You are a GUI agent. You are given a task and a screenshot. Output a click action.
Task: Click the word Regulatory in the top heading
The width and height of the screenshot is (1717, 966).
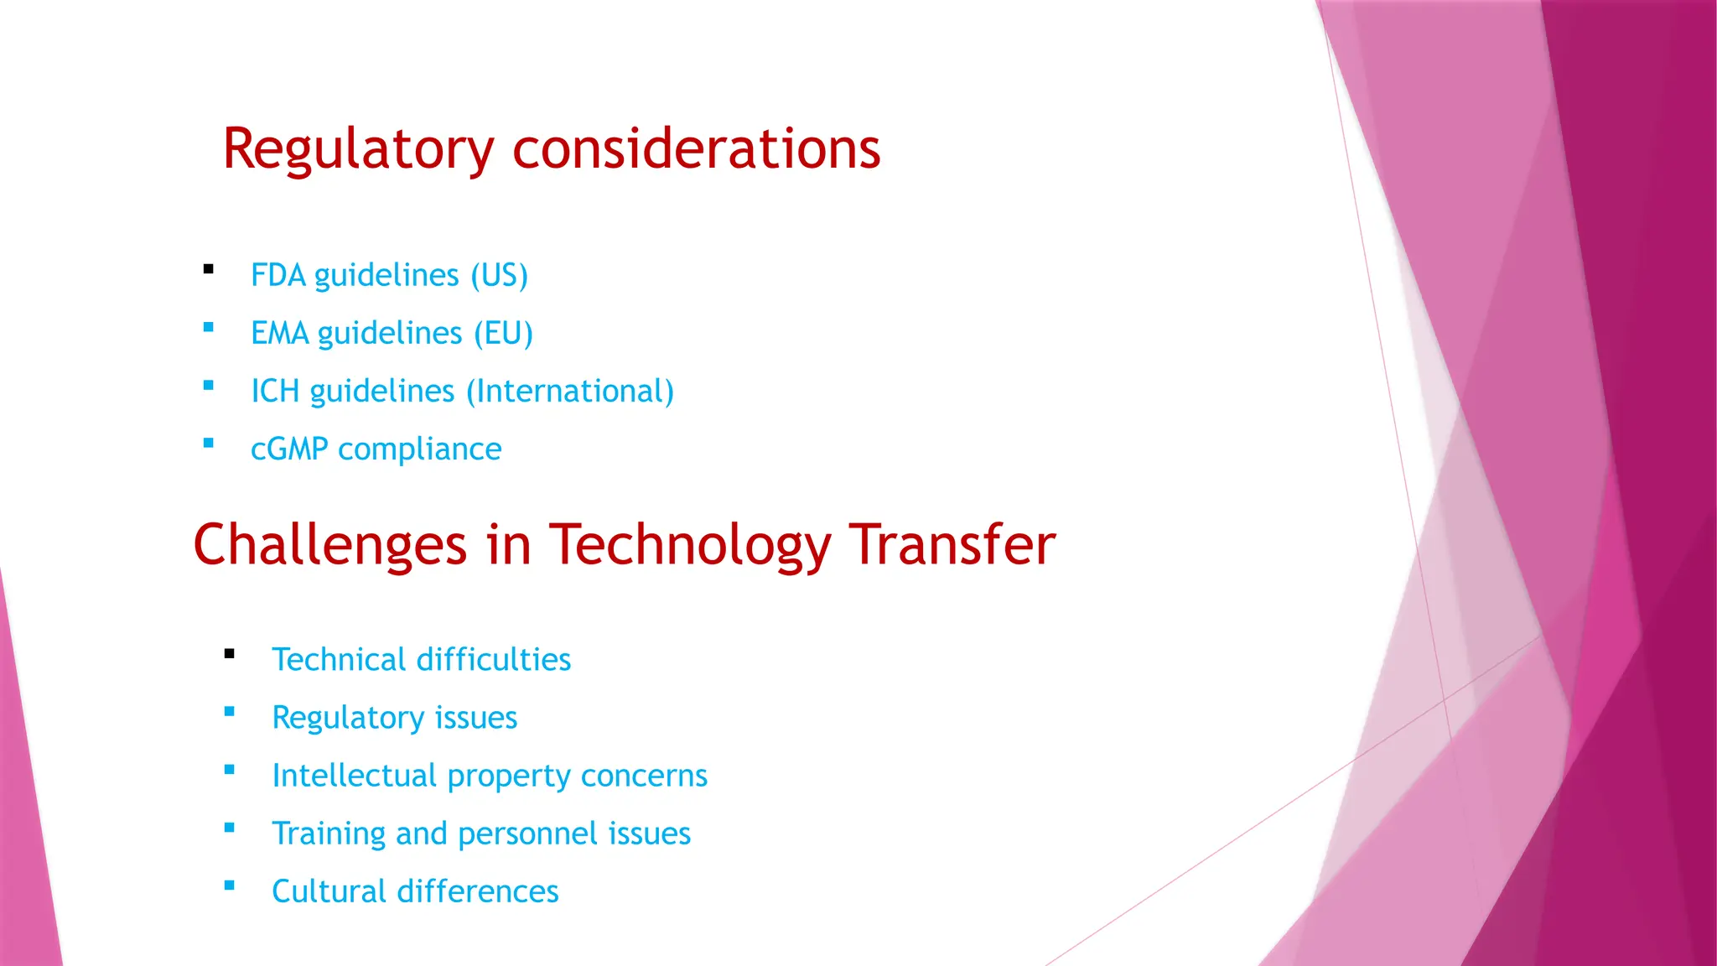tap(358, 150)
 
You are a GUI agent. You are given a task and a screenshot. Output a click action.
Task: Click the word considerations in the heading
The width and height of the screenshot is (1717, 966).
tap(696, 149)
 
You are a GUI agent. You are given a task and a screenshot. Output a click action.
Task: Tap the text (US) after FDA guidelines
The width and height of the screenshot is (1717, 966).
tap(499, 276)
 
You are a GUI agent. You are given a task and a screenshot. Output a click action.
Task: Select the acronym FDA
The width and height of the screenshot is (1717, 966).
tap(278, 276)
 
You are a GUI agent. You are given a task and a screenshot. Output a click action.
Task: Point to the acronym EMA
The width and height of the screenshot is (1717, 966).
tap(280, 334)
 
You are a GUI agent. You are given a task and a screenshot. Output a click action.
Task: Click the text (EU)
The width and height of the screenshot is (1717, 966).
tap(503, 334)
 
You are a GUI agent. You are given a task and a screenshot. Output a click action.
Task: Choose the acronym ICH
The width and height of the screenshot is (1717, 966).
tap(275, 392)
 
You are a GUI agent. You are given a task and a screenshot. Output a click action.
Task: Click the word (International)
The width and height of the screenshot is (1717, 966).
tap(570, 392)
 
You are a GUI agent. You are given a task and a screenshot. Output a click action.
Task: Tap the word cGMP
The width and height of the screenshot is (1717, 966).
tap(289, 449)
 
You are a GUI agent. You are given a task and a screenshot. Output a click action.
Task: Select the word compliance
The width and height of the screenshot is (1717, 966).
tap(419, 449)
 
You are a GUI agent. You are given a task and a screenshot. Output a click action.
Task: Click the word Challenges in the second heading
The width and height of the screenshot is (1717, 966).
tap(329, 546)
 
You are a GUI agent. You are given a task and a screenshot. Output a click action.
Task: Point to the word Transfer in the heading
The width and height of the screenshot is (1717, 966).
tap(952, 546)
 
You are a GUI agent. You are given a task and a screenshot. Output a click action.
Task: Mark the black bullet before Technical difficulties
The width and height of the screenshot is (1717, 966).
tap(230, 654)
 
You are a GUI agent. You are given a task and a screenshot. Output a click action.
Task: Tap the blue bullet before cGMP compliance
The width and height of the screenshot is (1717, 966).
tap(209, 444)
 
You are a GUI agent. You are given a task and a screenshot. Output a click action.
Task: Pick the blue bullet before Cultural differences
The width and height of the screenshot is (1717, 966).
tap(230, 885)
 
